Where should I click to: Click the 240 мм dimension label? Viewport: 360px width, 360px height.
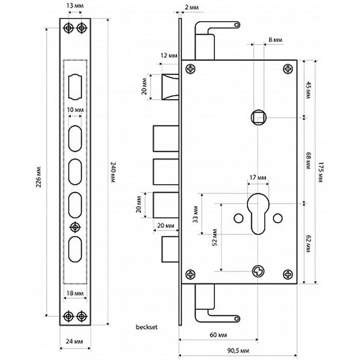tap(113, 172)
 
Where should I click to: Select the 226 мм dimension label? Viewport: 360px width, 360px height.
tap(39, 177)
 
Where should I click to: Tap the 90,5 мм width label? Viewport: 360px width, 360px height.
tap(238, 351)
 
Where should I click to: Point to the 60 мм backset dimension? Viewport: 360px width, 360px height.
tap(218, 335)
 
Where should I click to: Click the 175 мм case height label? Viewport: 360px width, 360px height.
tap(321, 172)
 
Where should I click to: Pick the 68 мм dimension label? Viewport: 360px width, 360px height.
tap(309, 160)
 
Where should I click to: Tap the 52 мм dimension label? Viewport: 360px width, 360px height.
tap(214, 237)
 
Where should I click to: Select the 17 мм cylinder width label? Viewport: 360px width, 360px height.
tap(258, 178)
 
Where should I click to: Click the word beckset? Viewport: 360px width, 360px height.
tap(147, 327)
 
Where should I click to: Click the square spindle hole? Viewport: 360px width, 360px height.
tap(259, 118)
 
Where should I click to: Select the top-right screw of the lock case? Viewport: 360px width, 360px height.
tap(288, 68)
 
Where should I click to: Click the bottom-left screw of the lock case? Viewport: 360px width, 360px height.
tap(190, 274)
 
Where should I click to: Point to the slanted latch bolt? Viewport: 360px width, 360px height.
tap(170, 87)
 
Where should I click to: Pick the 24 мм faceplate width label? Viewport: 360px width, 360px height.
tap(75, 341)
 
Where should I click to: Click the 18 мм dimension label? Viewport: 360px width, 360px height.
tap(75, 293)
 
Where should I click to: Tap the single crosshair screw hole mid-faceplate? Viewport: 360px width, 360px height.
tap(75, 227)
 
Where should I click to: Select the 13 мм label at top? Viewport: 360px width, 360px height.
tap(75, 6)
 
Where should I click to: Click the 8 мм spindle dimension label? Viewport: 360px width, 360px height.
tap(275, 40)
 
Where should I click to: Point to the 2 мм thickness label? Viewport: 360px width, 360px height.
tap(192, 7)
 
